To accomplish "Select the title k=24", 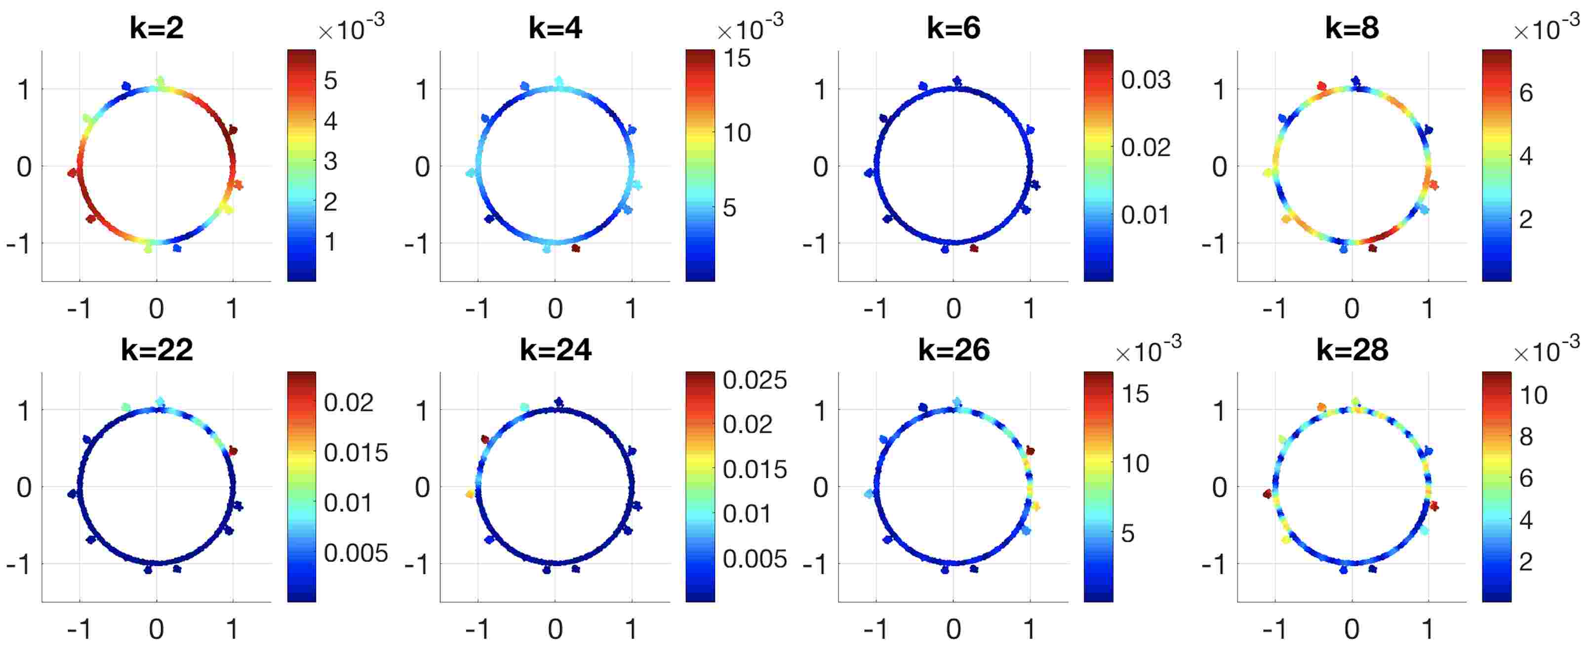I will pyautogui.click(x=555, y=350).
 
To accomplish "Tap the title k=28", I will pyautogui.click(x=1352, y=350).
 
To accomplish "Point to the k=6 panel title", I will pyautogui.click(x=953, y=28).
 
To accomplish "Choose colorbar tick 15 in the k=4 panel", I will pyautogui.click(x=737, y=58).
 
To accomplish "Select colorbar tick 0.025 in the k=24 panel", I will pyautogui.click(x=754, y=380).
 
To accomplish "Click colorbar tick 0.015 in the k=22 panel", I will pyautogui.click(x=355, y=452).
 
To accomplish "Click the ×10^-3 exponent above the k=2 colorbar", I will pyautogui.click(x=351, y=28).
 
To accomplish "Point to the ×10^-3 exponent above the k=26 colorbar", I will pyautogui.click(x=1148, y=350).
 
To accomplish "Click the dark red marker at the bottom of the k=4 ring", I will pyautogui.click(x=576, y=248).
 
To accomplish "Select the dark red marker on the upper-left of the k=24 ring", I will pyautogui.click(x=485, y=439).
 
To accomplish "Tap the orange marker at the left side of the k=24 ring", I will pyautogui.click(x=471, y=494).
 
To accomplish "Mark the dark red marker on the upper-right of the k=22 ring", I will pyautogui.click(x=233, y=451).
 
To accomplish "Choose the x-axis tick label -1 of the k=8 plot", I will pyautogui.click(x=1275, y=308).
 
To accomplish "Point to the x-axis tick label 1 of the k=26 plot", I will pyautogui.click(x=1029, y=629).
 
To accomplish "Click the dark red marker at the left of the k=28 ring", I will pyautogui.click(x=1268, y=494).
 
